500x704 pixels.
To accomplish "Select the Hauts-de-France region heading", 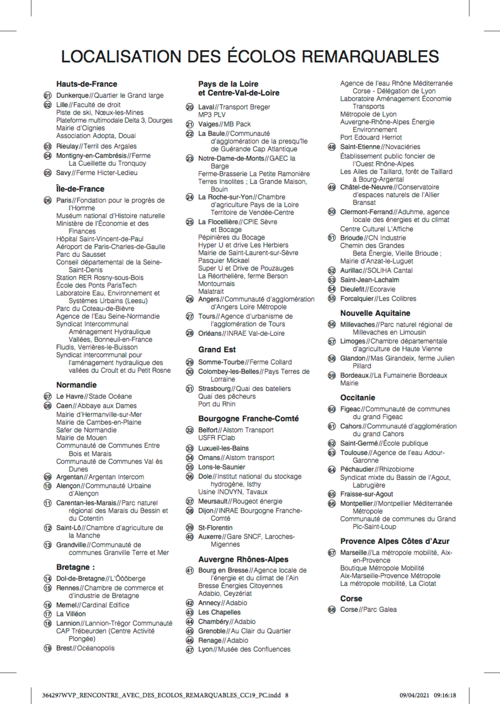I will click(87, 84).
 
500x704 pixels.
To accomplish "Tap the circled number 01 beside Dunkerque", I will click(47, 96).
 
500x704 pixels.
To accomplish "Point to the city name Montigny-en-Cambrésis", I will click(91, 156).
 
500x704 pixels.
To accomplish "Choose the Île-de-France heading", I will click(80, 189).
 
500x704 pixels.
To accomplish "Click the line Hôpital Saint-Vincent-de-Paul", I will click(100, 239).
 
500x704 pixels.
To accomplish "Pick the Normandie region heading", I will click(76, 385).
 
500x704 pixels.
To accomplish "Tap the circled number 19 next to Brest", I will click(47, 649).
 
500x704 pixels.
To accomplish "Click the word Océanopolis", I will click(96, 648).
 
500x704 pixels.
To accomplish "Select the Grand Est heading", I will click(217, 349).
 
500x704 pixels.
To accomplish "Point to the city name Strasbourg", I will click(214, 389).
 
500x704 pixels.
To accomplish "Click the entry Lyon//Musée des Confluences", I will click(244, 649).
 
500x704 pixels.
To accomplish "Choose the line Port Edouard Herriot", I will click(371, 137).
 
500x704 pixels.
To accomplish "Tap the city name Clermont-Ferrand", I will click(366, 212).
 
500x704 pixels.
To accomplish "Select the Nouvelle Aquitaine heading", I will click(375, 313).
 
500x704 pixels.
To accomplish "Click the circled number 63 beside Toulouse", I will click(332, 453).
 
